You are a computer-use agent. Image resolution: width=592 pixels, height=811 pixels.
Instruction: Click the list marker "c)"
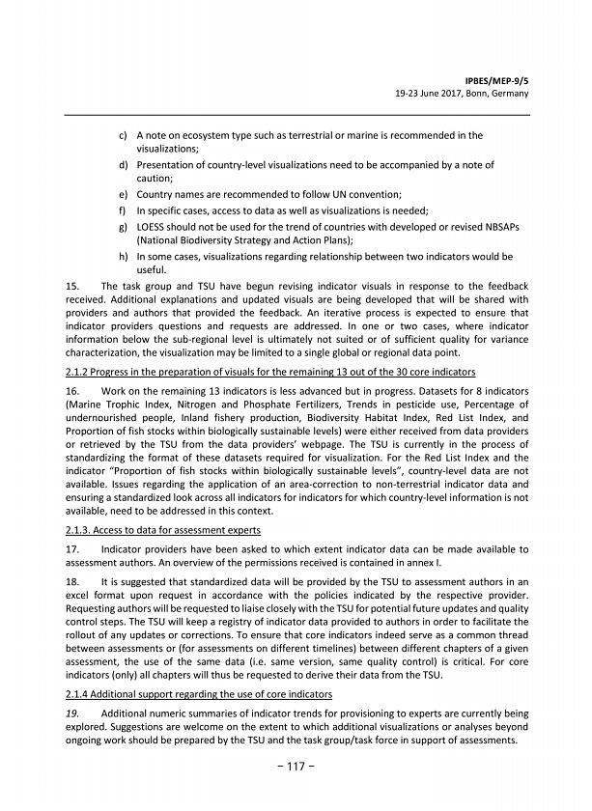(x=125, y=136)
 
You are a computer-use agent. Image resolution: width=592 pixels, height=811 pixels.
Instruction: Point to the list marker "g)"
(x=125, y=226)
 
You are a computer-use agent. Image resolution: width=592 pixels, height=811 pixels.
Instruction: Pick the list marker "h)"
(x=125, y=257)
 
